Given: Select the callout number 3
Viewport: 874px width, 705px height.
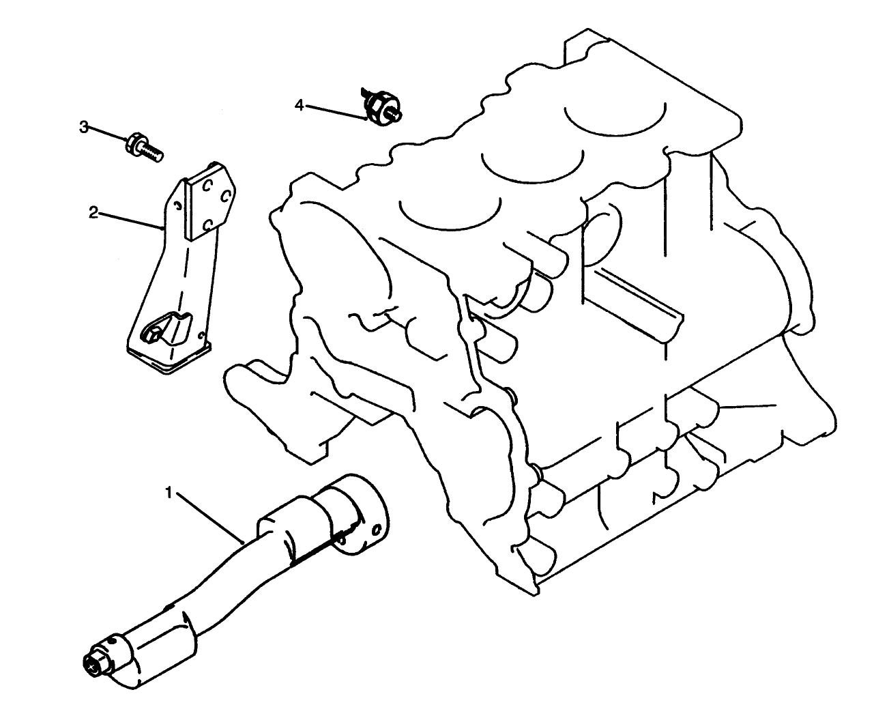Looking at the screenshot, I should pos(84,127).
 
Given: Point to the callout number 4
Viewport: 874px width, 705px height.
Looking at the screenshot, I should pos(299,104).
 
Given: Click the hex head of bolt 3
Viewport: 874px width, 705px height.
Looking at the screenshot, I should pos(134,144).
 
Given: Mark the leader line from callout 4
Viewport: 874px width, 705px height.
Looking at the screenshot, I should pos(334,111).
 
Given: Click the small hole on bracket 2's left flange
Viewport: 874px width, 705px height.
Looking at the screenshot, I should pos(177,205).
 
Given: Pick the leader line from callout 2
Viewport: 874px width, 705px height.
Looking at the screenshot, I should pos(130,220).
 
